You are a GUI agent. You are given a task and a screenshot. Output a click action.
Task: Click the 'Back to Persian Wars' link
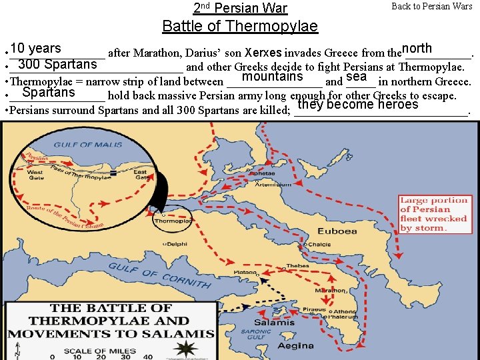point(431,7)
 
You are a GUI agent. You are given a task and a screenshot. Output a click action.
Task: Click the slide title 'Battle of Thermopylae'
point(240,26)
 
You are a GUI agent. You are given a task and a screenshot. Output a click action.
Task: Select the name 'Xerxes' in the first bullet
point(263,52)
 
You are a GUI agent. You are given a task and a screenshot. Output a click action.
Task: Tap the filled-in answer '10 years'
point(35,49)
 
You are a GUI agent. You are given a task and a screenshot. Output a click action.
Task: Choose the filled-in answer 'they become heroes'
point(358,105)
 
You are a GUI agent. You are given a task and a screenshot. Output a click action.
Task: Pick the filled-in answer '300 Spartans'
point(57,65)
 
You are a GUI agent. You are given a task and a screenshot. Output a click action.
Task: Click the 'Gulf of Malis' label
point(83,145)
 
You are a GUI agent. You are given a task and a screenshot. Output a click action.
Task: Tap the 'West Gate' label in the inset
point(35,175)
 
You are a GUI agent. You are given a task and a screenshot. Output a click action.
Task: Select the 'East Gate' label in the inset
point(141,175)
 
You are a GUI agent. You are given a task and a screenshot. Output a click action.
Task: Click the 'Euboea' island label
point(337,231)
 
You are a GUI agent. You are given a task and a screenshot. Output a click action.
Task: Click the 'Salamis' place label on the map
point(273,323)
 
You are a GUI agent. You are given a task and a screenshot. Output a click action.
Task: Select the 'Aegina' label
point(296,345)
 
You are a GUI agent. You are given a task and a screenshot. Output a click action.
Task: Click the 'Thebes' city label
point(297,266)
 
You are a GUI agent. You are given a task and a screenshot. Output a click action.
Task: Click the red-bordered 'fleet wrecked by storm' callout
point(434,214)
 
